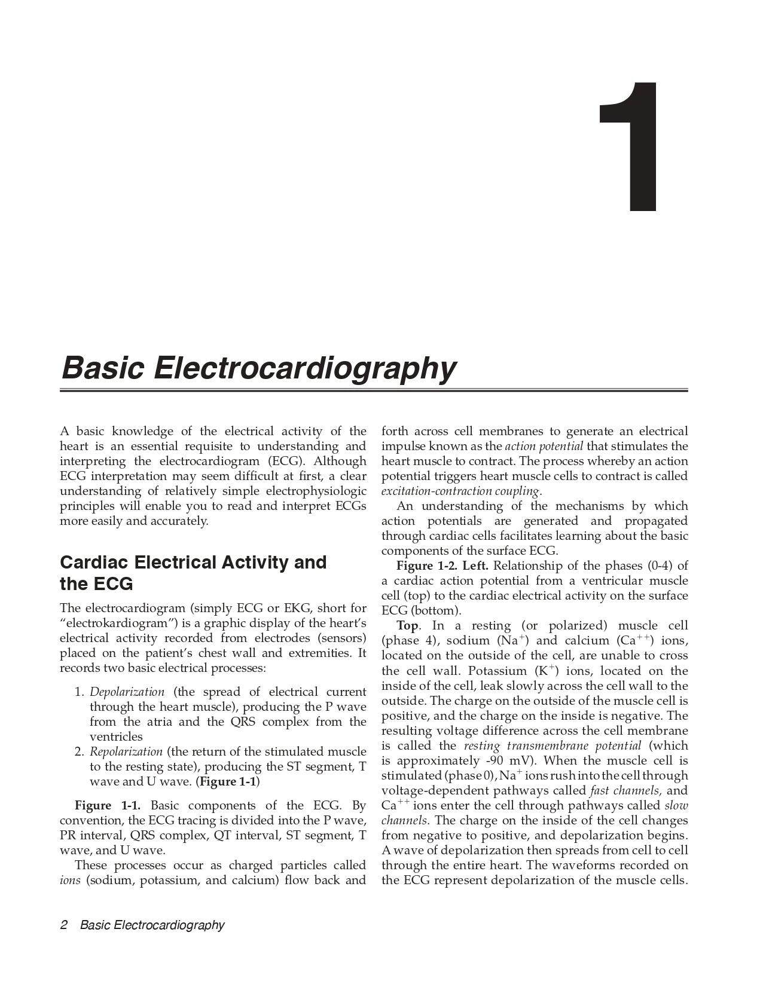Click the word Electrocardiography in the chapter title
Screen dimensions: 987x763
[x=305, y=368]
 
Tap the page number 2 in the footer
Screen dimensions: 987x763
[x=63, y=925]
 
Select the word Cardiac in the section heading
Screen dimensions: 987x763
[x=94, y=563]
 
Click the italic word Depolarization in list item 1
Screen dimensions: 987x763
[x=127, y=692]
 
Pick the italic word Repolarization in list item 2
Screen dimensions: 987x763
[x=126, y=751]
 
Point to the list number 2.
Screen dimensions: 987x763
[x=79, y=751]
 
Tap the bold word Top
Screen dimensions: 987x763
[x=407, y=626]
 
